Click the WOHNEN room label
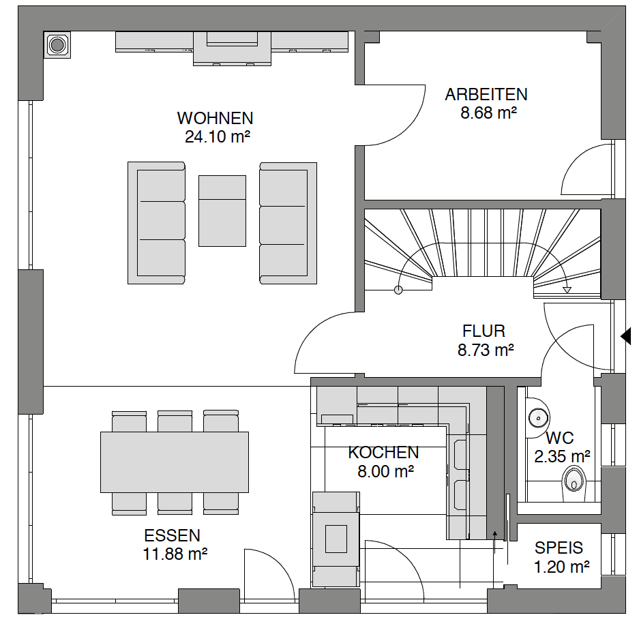click(x=216, y=118)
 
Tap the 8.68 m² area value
click(x=488, y=113)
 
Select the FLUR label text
click(x=484, y=331)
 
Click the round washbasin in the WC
click(x=538, y=418)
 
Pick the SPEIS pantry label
click(x=559, y=548)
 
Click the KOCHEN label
click(x=383, y=453)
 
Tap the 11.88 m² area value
click(x=175, y=554)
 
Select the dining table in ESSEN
click(x=175, y=462)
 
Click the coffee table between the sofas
click(x=222, y=211)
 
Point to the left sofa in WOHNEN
click(x=156, y=223)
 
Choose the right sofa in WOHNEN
click(x=288, y=223)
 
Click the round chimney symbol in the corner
click(x=57, y=45)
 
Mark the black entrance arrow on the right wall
click(x=625, y=337)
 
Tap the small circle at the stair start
click(x=398, y=290)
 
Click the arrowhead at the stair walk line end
click(x=567, y=290)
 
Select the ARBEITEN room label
click(x=486, y=95)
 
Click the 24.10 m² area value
click(x=218, y=137)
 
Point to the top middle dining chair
click(x=175, y=421)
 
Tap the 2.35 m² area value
click(x=563, y=457)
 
